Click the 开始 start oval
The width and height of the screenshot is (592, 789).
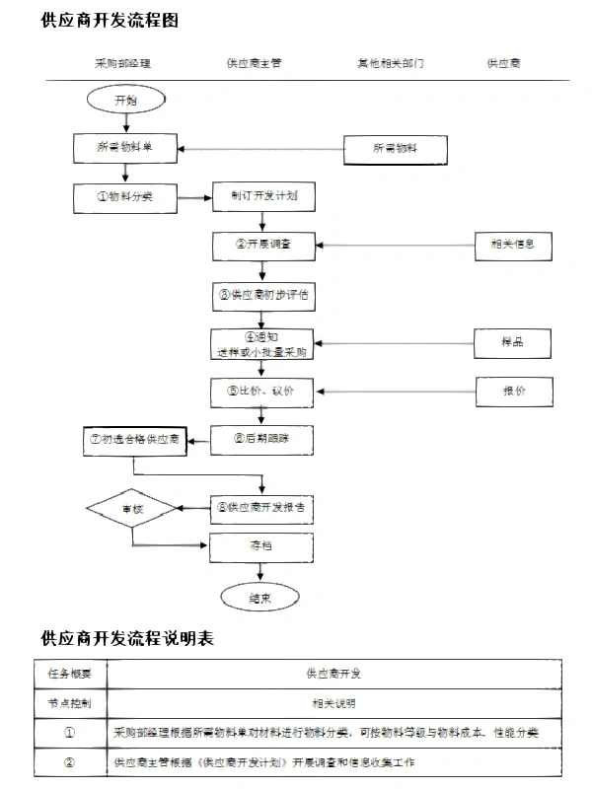125,101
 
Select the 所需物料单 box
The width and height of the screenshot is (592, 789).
125,148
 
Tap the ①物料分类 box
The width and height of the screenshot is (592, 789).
125,196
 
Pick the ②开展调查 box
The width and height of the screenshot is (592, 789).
261,245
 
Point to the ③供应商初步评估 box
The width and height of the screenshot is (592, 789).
261,294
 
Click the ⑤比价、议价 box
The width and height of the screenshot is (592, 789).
261,392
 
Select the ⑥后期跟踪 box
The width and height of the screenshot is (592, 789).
261,439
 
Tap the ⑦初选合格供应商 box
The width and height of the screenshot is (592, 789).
133,439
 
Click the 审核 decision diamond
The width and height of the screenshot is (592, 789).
131,509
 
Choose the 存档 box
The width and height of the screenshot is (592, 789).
261,545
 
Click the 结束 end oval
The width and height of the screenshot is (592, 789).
260,598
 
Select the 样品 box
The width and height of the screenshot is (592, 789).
512,342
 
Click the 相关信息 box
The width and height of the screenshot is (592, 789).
511,245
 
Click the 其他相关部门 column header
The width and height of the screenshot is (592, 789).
391,63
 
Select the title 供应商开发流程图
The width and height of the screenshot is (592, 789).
110,19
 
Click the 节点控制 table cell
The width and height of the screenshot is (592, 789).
70,703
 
